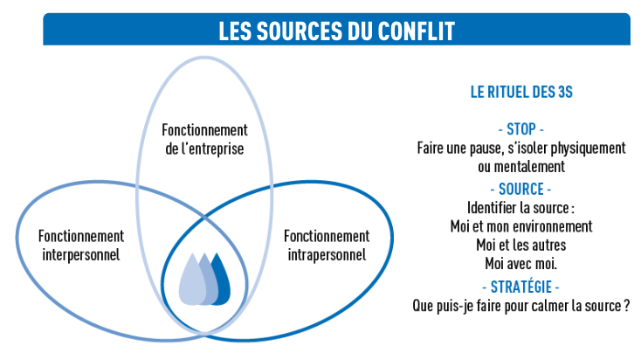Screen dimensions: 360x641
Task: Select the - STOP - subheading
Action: click(x=520, y=130)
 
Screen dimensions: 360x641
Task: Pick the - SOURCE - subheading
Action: click(x=520, y=189)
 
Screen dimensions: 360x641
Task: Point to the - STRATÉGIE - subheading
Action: click(x=520, y=287)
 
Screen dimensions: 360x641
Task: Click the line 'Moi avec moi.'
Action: click(x=520, y=264)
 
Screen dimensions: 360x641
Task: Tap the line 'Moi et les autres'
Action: click(x=520, y=245)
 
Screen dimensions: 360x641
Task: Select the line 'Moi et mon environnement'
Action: click(x=520, y=226)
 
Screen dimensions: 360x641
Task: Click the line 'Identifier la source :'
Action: click(x=520, y=208)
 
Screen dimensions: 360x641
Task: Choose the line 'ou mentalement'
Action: click(x=520, y=167)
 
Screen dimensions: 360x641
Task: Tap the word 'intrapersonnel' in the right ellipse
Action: click(x=327, y=255)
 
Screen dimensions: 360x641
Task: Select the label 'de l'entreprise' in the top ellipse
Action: click(x=203, y=149)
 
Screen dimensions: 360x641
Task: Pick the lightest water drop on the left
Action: click(x=190, y=281)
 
